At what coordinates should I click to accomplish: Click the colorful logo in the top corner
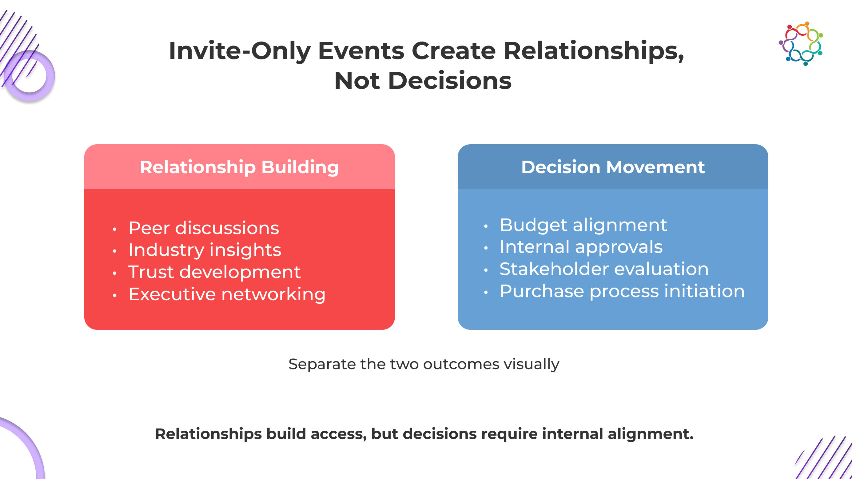point(801,44)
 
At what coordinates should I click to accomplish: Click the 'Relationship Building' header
point(239,167)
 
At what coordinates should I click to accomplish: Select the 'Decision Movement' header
point(613,167)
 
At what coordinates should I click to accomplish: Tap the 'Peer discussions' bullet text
point(204,228)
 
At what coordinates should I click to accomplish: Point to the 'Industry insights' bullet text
point(205,250)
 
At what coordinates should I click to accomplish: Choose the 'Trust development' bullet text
point(214,272)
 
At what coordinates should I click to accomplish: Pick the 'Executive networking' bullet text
point(227,294)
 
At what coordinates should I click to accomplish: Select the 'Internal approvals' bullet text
point(581,247)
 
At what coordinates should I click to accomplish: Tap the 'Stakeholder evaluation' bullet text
point(604,269)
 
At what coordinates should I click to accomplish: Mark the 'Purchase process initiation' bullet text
point(622,291)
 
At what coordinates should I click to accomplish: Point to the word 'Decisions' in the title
point(450,81)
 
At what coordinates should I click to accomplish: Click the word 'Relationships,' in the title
point(594,51)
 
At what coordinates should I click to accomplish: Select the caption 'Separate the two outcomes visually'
point(424,364)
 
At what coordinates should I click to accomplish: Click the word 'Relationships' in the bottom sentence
point(208,434)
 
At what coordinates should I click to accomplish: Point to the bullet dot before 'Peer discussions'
point(115,229)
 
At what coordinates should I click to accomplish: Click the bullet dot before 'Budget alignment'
point(486,226)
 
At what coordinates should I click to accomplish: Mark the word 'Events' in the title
point(361,51)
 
